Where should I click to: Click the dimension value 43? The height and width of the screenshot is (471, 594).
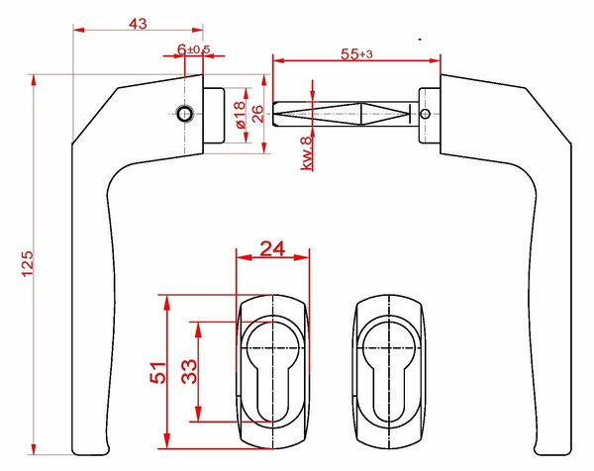coord(138,24)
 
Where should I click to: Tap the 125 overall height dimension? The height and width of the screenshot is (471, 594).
coord(28,264)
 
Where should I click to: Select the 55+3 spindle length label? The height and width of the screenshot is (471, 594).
coord(356,53)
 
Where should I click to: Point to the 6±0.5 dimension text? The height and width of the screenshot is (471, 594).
coord(193,49)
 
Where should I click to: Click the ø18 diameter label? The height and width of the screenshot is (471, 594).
coord(241,115)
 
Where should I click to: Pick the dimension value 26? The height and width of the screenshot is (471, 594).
coord(257,114)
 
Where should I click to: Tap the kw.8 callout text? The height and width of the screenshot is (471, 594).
coord(306,152)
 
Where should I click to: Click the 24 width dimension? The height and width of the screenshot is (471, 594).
coord(272,248)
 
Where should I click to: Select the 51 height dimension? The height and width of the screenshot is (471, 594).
coord(157,373)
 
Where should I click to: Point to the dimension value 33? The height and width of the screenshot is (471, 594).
coord(189,371)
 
